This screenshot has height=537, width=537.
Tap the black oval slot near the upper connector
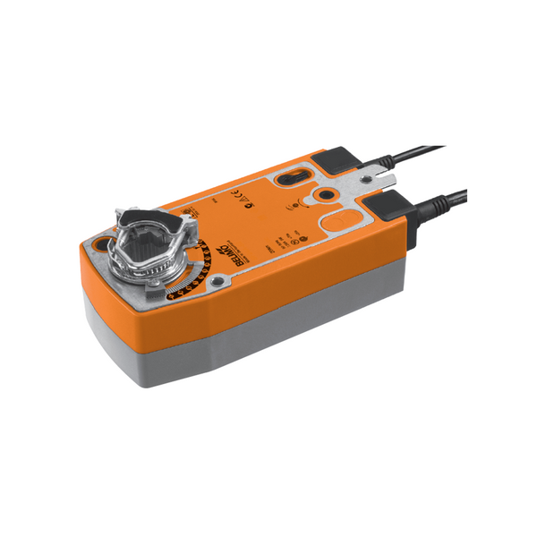click(x=289, y=178)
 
